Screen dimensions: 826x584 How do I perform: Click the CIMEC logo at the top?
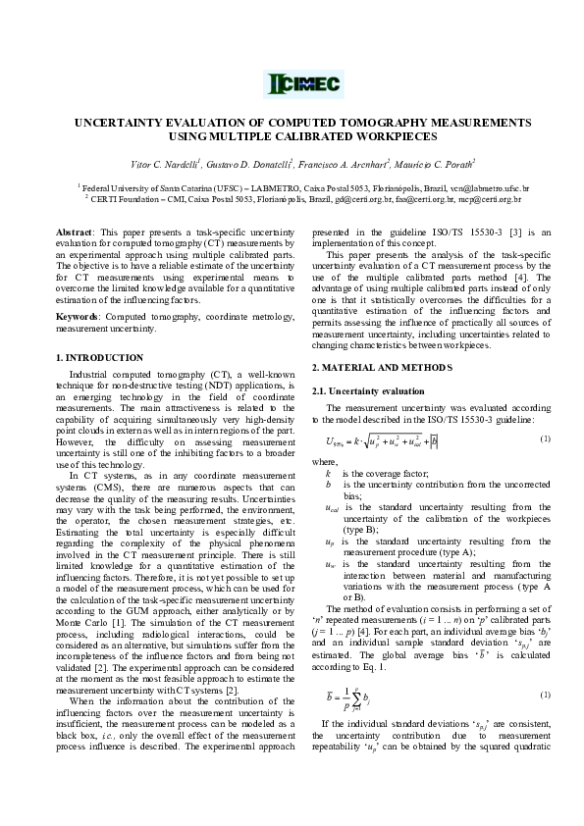click(x=292, y=85)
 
